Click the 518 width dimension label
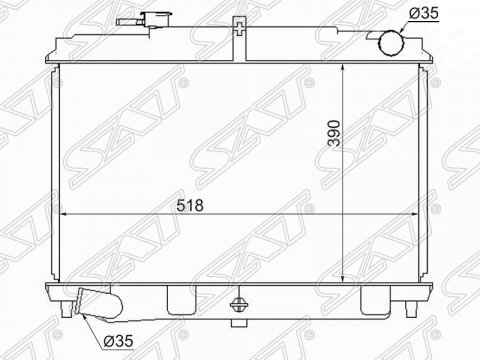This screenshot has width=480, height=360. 190,205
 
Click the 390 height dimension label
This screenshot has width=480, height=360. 334,133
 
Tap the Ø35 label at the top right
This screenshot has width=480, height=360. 423,13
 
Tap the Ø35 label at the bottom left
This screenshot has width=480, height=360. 118,341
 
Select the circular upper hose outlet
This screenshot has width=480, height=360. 391,42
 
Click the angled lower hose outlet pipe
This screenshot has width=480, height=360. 99,304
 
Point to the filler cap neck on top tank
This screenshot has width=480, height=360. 157,20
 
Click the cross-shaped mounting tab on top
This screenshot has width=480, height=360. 240,29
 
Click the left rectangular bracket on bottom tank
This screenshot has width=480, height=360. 182,300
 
